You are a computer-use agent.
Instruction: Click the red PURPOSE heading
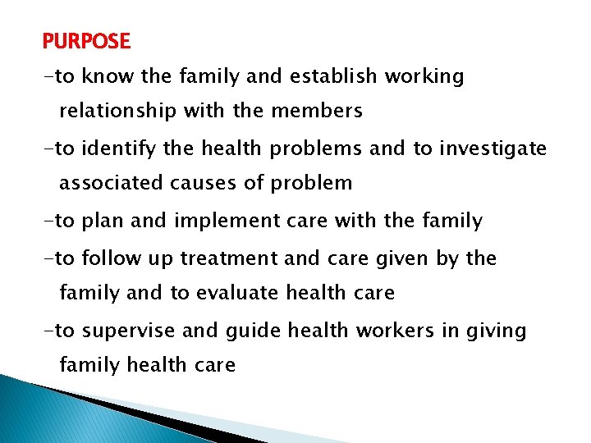[x=86, y=41]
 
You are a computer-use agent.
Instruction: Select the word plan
[x=104, y=221]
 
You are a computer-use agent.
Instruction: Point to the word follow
[x=115, y=258]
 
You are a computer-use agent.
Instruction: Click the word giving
[x=497, y=331]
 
